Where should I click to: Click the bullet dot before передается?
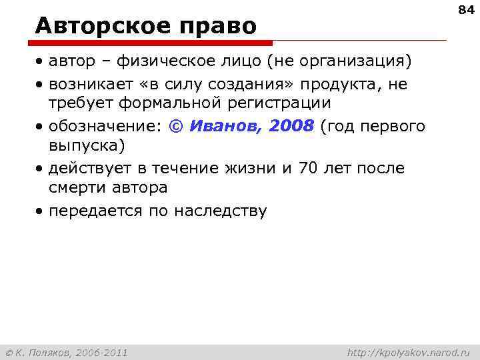click(x=41, y=212)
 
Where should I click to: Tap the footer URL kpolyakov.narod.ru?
click(x=409, y=351)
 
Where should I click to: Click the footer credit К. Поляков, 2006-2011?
click(x=67, y=351)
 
